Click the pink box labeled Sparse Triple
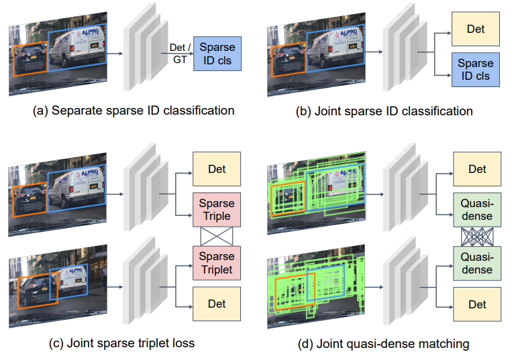coord(217,209)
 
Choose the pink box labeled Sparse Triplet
coord(217,263)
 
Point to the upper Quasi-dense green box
coord(477,209)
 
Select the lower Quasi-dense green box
coord(477,263)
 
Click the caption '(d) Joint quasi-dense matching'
coord(383,343)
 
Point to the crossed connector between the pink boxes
coord(217,236)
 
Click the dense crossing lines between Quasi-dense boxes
coord(477,236)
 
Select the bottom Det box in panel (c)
coord(217,304)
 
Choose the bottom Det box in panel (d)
coord(477,304)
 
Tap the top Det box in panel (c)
coord(217,169)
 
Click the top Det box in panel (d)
coord(477,169)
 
